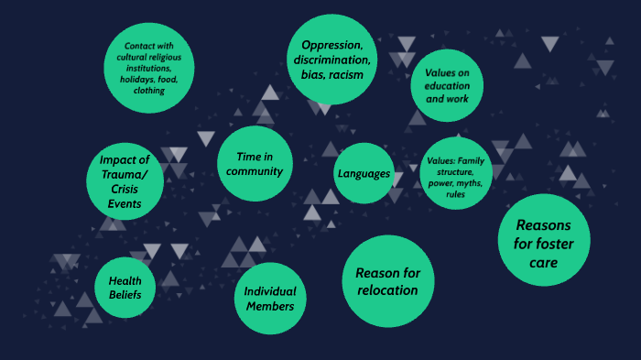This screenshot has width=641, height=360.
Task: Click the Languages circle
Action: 364,173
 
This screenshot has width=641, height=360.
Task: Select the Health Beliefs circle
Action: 125,288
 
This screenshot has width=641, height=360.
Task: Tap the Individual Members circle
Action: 269,298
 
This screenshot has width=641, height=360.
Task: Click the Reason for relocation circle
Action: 387,281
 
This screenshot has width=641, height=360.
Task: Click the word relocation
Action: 387,290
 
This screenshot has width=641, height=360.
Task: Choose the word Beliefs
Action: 125,295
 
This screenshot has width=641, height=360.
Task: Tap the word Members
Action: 269,306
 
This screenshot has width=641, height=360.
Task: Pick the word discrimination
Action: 332,60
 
